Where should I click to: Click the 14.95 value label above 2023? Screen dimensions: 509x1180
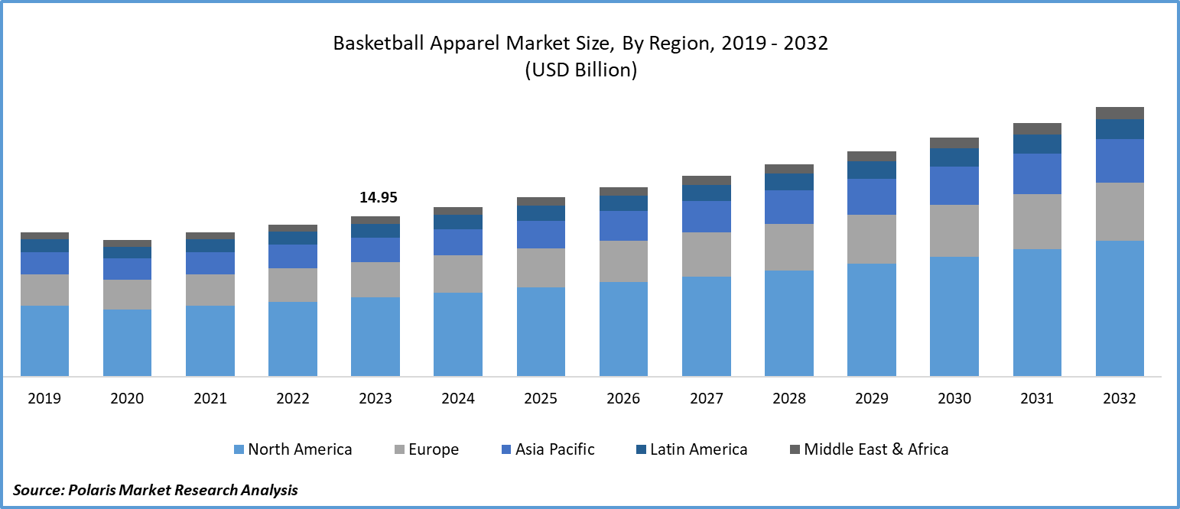click(x=379, y=198)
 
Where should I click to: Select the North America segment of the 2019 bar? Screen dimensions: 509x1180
click(x=44, y=340)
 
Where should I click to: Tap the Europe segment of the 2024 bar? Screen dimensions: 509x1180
click(x=458, y=274)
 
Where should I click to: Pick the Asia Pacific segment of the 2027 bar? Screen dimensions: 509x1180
click(x=706, y=216)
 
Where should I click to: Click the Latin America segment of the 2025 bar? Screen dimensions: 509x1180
click(x=541, y=213)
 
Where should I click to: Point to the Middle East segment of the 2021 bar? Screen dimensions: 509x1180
click(x=210, y=235)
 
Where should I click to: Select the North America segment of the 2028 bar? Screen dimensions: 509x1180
click(x=788, y=323)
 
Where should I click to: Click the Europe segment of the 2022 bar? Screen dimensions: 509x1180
click(x=293, y=284)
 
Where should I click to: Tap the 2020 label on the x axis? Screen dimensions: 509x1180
click(x=127, y=398)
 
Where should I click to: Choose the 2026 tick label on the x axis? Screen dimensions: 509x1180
click(x=623, y=398)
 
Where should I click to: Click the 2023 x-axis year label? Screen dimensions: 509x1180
click(x=375, y=398)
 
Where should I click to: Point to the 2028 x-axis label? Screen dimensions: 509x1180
click(x=788, y=398)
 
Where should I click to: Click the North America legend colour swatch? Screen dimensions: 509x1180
click(x=239, y=450)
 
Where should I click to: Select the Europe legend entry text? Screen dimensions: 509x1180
click(x=433, y=449)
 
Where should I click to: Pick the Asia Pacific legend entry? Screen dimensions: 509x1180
click(x=554, y=449)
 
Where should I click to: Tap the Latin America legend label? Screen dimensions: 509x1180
click(x=698, y=449)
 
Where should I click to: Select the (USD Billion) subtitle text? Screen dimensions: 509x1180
click(x=580, y=70)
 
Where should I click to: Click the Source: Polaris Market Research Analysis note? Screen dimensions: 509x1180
click(x=155, y=490)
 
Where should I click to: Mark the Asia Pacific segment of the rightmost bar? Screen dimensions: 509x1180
click(x=1120, y=160)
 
